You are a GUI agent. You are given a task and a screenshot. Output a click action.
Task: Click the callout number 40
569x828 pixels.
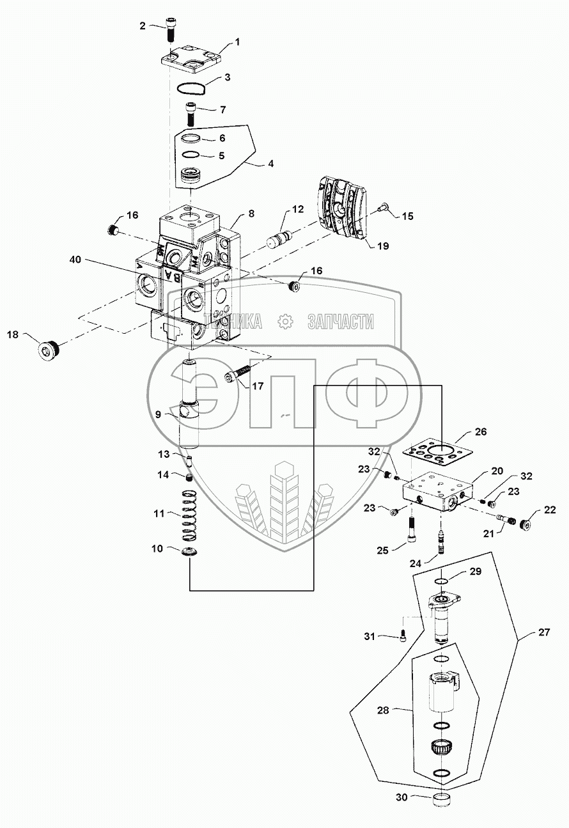click(x=75, y=261)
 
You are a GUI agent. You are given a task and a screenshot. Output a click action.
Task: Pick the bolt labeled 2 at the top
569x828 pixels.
click(x=172, y=29)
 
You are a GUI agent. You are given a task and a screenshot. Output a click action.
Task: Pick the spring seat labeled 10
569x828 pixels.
click(x=190, y=553)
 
